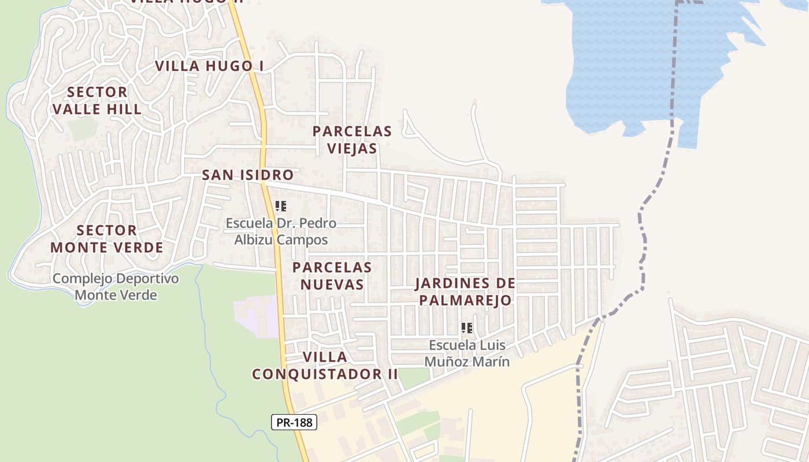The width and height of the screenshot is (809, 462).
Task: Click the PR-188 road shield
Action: [x=294, y=422]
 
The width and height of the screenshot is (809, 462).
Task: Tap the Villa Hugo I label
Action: [x=209, y=66]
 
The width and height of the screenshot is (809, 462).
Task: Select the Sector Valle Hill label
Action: [x=97, y=100]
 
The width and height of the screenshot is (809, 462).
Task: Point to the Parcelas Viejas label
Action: [x=352, y=140]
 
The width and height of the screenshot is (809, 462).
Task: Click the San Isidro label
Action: [x=248, y=175]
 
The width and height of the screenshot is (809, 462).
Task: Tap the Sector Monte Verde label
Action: [x=107, y=239]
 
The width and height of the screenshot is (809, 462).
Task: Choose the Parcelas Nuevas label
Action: [x=332, y=276]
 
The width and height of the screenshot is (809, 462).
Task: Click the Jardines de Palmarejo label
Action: [x=465, y=292]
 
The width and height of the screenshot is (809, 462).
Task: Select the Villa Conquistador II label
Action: [x=325, y=366]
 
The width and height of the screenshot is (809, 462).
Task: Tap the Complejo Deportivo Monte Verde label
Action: [x=116, y=287]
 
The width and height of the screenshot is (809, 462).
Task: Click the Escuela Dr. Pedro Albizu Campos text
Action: [x=281, y=232]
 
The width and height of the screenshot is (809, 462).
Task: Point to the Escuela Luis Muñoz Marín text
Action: [x=467, y=353]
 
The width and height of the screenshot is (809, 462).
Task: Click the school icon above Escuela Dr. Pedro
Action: [x=281, y=206]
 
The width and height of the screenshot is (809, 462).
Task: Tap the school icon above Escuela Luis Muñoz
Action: [x=467, y=328]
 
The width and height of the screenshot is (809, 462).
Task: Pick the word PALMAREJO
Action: [x=465, y=300]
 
